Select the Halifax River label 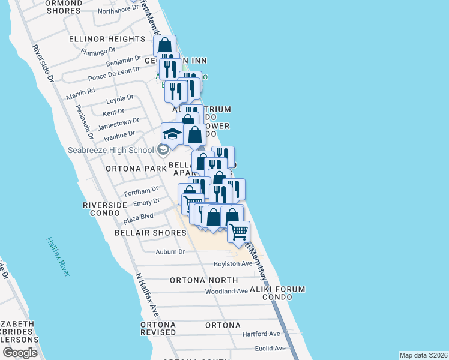click(x=58, y=256)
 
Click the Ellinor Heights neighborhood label click(x=107, y=39)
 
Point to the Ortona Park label click(x=135, y=169)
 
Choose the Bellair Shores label click(x=151, y=233)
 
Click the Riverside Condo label click(x=105, y=209)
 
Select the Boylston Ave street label click(x=234, y=264)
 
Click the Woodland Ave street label click(x=226, y=291)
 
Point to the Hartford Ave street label click(x=261, y=334)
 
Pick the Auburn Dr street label click(x=170, y=252)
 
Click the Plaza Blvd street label click(x=139, y=216)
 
